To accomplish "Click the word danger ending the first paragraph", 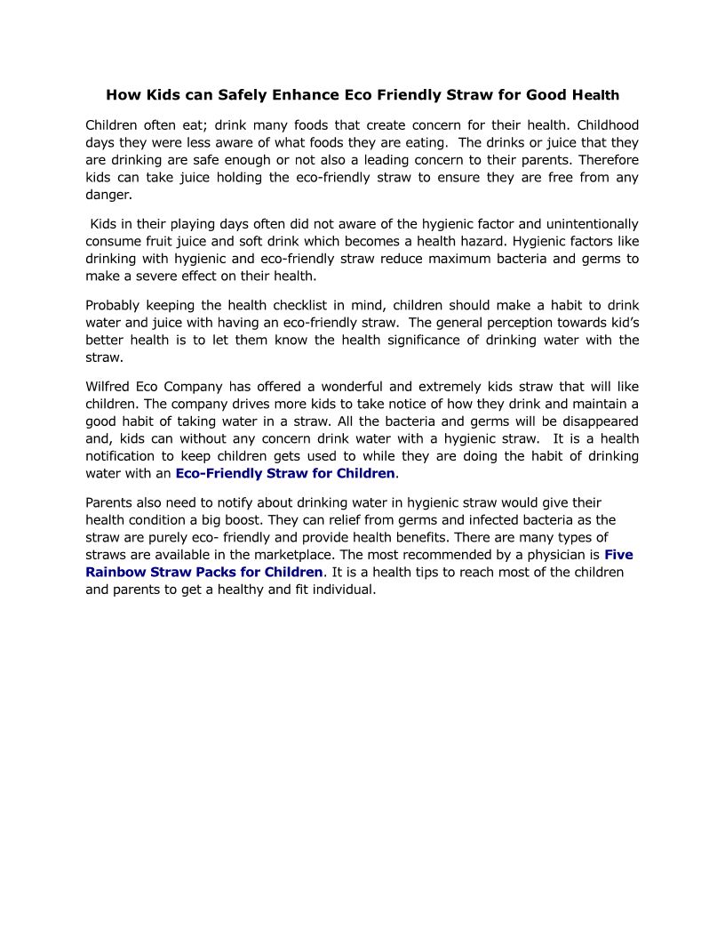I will (108, 195).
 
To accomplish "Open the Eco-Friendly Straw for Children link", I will (284, 473).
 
